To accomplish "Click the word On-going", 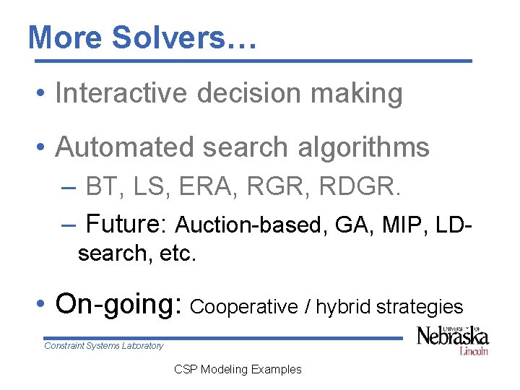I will pos(119,305).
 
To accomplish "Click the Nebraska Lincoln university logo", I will pos(453,339).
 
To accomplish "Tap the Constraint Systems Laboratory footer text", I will pos(104,346).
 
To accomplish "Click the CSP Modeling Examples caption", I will pos(238,369).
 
